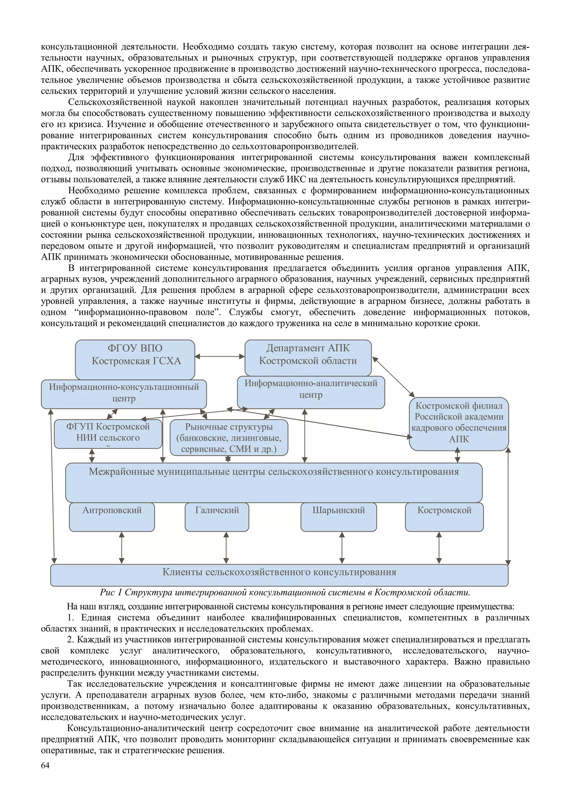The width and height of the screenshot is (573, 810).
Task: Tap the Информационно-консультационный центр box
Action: [124, 394]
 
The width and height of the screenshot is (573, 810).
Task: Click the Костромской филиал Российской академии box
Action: [459, 423]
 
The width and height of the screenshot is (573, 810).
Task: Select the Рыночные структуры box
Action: [229, 437]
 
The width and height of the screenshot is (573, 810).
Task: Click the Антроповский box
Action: [112, 517]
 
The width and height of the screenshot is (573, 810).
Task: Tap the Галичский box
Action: [217, 517]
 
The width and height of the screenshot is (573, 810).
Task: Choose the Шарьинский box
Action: [339, 517]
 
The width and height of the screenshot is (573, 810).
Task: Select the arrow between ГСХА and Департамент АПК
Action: [220, 356]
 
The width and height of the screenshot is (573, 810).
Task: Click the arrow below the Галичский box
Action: [226, 548]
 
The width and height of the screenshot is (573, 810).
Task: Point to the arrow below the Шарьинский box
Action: [342, 548]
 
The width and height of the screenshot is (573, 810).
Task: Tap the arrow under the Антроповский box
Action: [122, 548]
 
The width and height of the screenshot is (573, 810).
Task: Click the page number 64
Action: [45, 765]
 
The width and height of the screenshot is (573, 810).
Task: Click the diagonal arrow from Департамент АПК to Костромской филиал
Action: [393, 377]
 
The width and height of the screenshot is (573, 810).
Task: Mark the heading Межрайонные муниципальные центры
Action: [274, 472]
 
